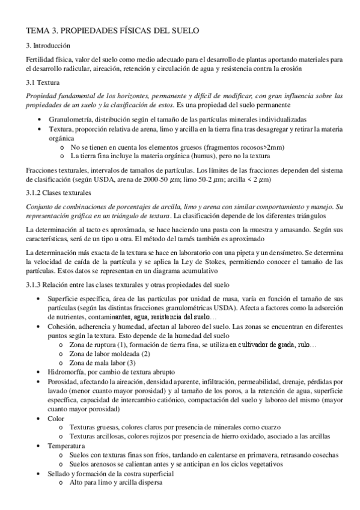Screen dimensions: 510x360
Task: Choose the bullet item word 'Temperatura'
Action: pyautogui.click(x=67, y=447)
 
